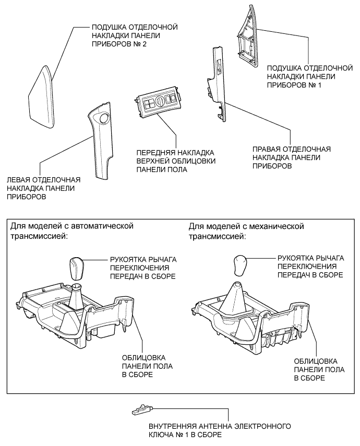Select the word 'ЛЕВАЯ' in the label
point(19,179)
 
